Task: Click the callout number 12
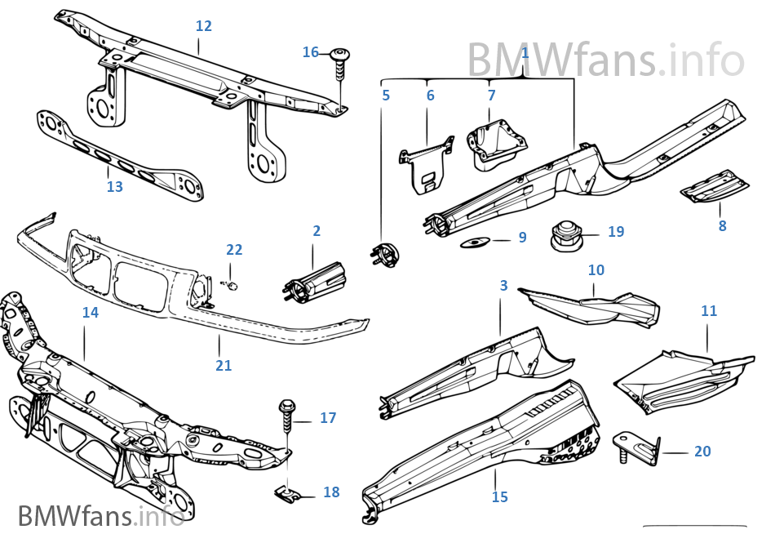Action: click(x=204, y=25)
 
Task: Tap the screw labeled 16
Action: click(x=339, y=62)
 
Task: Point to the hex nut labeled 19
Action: click(x=565, y=235)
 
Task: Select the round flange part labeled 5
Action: click(x=385, y=256)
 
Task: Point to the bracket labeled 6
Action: click(x=426, y=163)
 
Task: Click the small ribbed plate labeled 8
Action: click(x=714, y=186)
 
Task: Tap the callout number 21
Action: click(x=224, y=365)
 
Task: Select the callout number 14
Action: click(x=91, y=312)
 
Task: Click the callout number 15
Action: click(x=500, y=496)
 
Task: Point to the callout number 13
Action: click(x=115, y=186)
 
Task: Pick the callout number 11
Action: click(x=709, y=310)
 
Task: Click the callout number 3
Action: click(x=503, y=285)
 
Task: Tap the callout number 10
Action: click(x=596, y=269)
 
